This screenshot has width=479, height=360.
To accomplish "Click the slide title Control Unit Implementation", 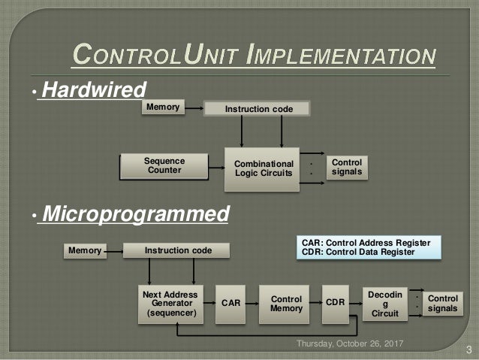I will tap(253, 55).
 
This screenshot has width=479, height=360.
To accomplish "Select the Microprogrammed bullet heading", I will tap(135, 215).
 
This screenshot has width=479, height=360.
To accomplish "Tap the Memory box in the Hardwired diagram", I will tap(163, 108).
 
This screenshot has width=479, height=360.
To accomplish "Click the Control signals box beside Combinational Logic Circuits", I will tap(346, 167).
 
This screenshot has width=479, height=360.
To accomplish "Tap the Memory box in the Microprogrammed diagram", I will tap(84, 250).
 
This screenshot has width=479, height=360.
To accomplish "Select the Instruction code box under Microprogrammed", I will tap(178, 250).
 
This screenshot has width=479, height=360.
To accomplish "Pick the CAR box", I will tap(231, 303).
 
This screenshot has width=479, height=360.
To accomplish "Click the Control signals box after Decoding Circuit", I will tap(442, 303).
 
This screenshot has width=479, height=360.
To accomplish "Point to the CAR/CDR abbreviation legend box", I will tap(366, 247).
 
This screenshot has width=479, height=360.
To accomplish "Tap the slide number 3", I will tap(468, 349).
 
